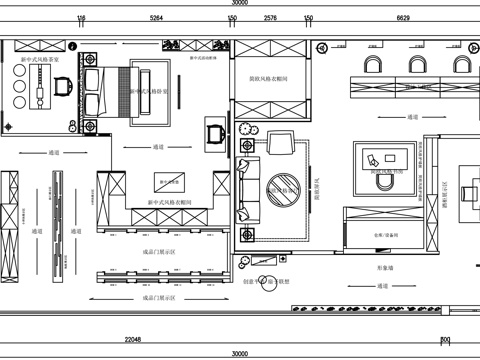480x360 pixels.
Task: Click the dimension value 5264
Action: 156,18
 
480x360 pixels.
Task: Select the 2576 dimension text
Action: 270,18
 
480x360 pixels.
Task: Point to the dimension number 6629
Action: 403,18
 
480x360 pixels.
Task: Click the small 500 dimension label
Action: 445,340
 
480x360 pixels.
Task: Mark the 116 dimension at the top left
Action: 81,18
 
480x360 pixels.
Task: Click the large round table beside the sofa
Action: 286,186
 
